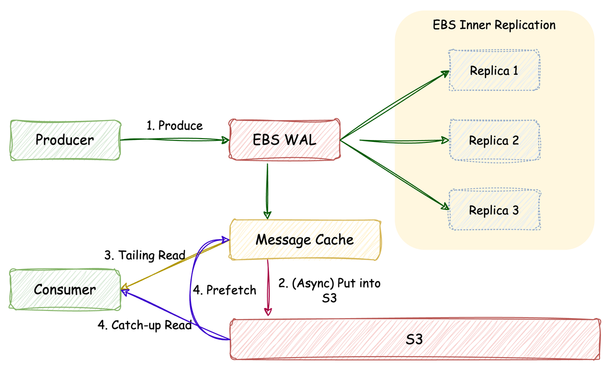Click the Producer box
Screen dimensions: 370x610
point(64,140)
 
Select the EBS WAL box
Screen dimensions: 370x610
point(285,140)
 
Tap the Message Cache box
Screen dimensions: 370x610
point(305,239)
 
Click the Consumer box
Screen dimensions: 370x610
point(64,289)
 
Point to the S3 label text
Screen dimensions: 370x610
point(414,339)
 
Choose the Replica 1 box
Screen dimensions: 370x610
point(494,70)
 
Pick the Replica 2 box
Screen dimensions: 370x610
point(494,140)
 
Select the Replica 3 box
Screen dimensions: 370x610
point(494,210)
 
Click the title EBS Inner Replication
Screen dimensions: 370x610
point(494,25)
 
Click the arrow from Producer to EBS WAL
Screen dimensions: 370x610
point(174,140)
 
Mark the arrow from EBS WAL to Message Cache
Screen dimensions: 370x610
point(267,190)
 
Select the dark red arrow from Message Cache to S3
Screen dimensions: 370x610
point(268,288)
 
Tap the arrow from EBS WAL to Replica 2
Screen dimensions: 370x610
point(400,140)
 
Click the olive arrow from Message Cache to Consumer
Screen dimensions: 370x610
point(174,264)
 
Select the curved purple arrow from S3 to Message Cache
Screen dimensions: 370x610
point(192,290)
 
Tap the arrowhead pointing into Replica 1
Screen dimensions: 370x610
point(446,73)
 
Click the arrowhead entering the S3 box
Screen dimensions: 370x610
point(268,312)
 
